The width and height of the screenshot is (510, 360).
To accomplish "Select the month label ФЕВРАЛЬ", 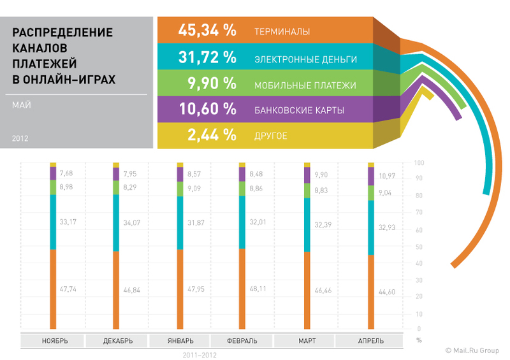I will [242, 341].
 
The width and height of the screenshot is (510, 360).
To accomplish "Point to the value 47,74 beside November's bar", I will [68, 289].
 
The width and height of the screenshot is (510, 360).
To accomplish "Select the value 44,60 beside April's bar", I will [387, 292].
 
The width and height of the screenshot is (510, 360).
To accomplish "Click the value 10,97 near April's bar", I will [387, 175].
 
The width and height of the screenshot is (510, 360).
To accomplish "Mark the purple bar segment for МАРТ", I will [307, 175].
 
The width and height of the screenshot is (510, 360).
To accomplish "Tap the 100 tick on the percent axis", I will [418, 163].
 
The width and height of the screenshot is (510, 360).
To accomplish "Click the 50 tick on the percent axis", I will [418, 247].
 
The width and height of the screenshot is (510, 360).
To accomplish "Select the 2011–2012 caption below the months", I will [199, 354].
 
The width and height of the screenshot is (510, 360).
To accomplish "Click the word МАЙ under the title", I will [22, 105].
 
